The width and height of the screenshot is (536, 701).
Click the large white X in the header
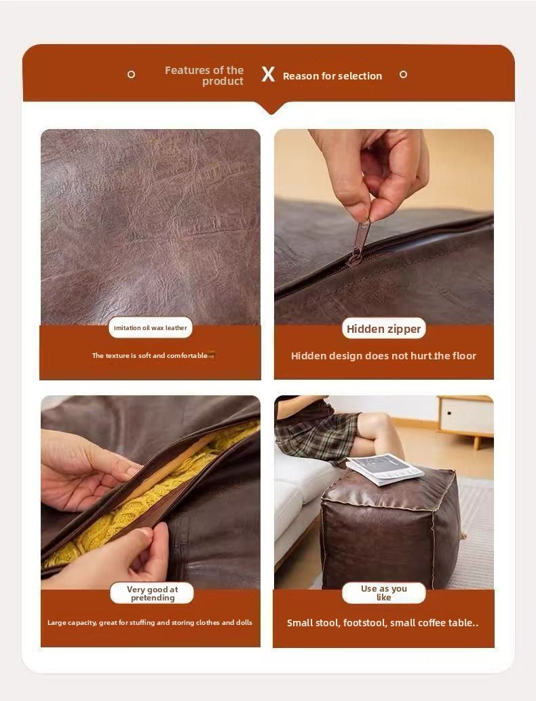coord(268,74)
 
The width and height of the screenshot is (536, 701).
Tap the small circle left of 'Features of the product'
coord(132,75)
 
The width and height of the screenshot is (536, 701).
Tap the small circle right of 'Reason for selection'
coord(403,75)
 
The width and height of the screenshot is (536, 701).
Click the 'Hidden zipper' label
coord(384,329)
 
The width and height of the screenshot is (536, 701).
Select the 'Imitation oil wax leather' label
coord(151,327)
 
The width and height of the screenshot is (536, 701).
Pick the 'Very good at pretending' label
coord(152,593)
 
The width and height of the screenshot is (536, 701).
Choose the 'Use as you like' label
coord(384,593)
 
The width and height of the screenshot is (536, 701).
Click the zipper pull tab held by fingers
coord(361,237)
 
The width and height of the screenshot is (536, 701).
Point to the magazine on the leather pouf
coord(385,469)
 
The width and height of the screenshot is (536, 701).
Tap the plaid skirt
coord(318,436)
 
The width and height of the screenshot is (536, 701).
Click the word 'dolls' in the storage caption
coord(244,622)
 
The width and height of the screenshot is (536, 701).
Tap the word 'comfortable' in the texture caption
coord(187,356)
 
